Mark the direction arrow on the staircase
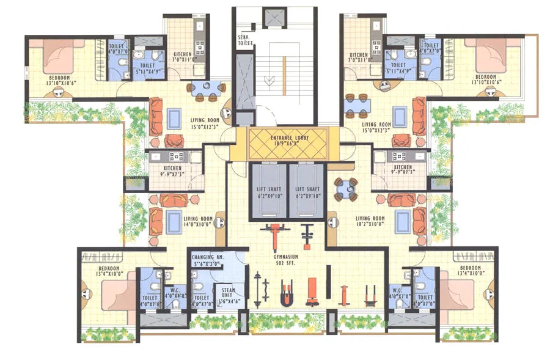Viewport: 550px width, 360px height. coord(267,81)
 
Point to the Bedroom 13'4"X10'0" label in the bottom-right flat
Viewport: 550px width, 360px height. coord(471,271)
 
